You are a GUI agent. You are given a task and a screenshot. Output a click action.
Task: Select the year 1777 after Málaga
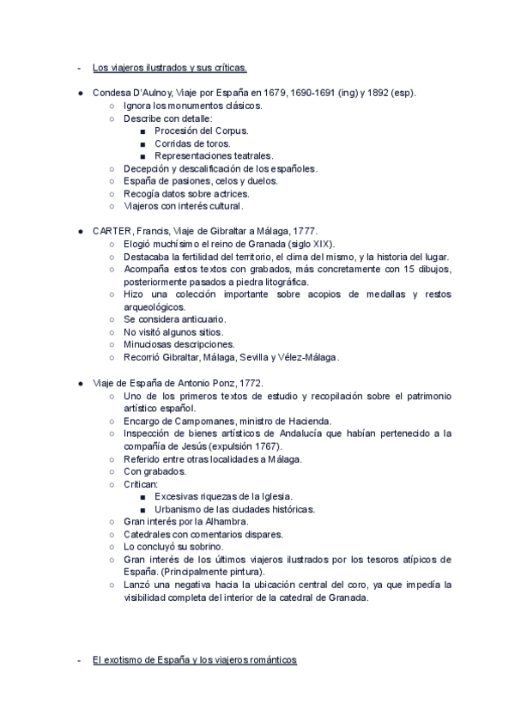coord(306,231)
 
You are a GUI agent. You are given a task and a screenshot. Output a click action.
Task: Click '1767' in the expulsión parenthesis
coord(266,446)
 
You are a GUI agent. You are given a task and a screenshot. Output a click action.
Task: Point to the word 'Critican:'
coord(142,483)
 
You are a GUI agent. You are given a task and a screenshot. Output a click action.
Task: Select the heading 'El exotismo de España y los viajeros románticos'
coord(194,659)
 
